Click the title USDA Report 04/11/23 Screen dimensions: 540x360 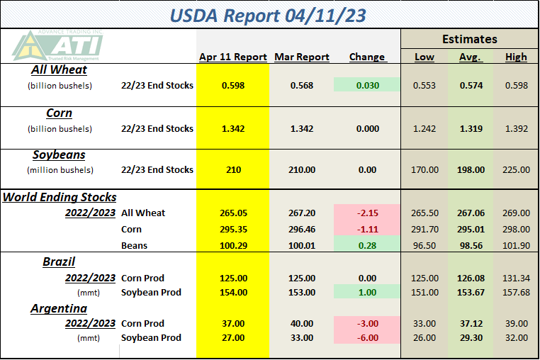[268, 16]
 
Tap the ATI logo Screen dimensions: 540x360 [57, 45]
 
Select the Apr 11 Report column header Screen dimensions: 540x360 [233, 57]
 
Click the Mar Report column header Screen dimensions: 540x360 [302, 57]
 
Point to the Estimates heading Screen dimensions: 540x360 [470, 39]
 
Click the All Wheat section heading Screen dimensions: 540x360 [59, 69]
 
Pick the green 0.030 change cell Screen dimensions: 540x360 [367, 85]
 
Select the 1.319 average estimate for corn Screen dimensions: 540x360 [471, 128]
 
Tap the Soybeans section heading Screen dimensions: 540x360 [59, 154]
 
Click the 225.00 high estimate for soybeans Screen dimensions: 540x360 [516, 169]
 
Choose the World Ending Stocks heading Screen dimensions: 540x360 [60, 197]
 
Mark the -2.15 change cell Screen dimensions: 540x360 [367, 213]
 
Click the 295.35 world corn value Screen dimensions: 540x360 [233, 229]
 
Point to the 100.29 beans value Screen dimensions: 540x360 [233, 245]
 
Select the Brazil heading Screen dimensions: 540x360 [59, 261]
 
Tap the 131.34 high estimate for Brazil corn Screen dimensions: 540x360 [516, 278]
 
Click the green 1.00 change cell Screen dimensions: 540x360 [367, 292]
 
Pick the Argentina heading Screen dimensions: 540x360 [59, 308]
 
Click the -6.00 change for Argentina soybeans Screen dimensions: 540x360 [367, 337]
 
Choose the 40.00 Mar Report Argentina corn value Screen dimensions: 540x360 [302, 323]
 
